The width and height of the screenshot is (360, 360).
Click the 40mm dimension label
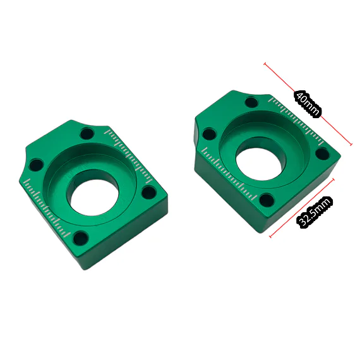(x=307, y=104)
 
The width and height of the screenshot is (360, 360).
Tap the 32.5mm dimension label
(x=315, y=212)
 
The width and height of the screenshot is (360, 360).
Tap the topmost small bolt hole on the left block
(x=87, y=134)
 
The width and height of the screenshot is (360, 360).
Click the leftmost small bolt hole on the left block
(x=36, y=165)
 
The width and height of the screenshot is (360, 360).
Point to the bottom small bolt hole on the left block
(x=81, y=239)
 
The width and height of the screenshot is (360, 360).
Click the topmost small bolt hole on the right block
(x=251, y=102)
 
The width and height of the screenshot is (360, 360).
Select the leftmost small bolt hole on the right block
(x=209, y=135)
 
